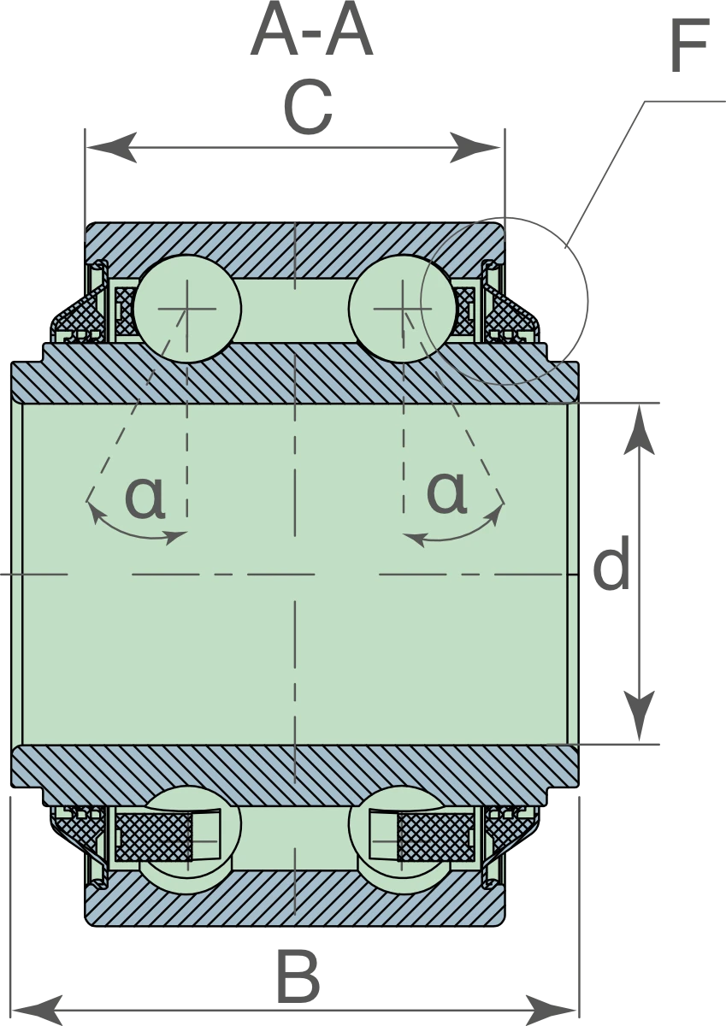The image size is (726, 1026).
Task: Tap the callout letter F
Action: pos(690,46)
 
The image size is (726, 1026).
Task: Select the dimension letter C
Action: pos(307,107)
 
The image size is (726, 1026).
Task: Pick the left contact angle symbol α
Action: pos(145,498)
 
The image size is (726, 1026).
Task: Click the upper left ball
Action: pos(187,309)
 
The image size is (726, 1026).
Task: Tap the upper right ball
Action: pos(403,309)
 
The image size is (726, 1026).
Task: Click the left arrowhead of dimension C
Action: pos(111,147)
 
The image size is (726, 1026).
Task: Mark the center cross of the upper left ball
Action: pos(187,309)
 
